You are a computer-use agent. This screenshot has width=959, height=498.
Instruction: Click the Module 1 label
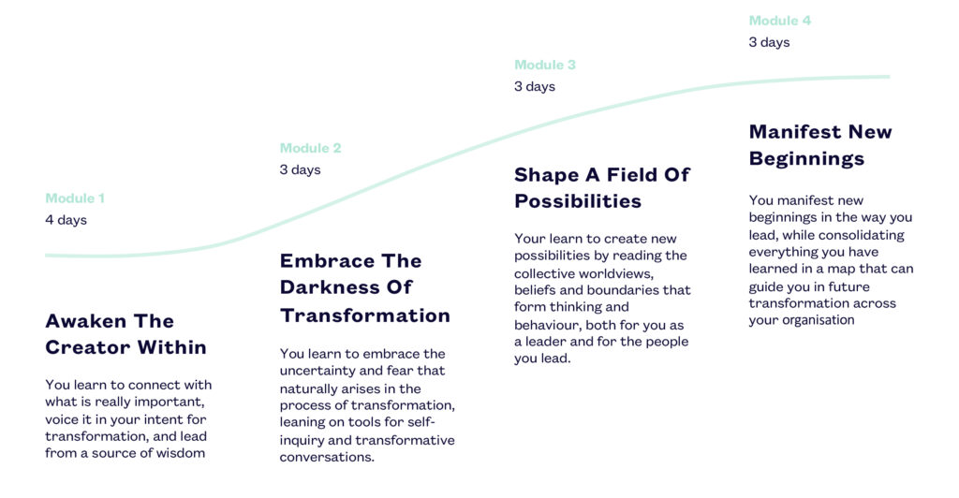pyautogui.click(x=75, y=198)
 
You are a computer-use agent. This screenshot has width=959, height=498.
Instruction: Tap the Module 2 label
pyautogui.click(x=310, y=148)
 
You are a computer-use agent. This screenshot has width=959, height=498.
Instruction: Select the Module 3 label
pyautogui.click(x=545, y=65)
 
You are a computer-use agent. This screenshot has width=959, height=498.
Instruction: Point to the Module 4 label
pyautogui.click(x=780, y=21)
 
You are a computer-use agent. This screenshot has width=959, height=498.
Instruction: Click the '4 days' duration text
pyautogui.click(x=66, y=220)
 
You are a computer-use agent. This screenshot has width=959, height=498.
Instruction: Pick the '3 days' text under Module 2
pyautogui.click(x=301, y=169)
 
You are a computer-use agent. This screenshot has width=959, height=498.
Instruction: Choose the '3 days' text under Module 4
pyautogui.click(x=770, y=42)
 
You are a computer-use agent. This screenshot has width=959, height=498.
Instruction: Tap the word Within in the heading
pyautogui.click(x=172, y=347)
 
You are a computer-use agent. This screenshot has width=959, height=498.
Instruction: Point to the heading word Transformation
pyautogui.click(x=365, y=315)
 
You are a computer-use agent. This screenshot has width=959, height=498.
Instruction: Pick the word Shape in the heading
pyautogui.click(x=546, y=175)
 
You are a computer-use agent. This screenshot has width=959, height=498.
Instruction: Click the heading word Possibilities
pyautogui.click(x=578, y=201)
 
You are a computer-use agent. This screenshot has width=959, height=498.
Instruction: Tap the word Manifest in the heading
pyautogui.click(x=794, y=131)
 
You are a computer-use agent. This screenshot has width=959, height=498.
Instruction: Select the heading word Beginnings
pyautogui.click(x=806, y=159)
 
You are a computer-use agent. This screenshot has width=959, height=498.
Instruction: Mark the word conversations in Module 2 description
pyautogui.click(x=327, y=457)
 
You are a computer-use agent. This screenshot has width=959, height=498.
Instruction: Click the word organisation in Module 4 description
pyautogui.click(x=816, y=320)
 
